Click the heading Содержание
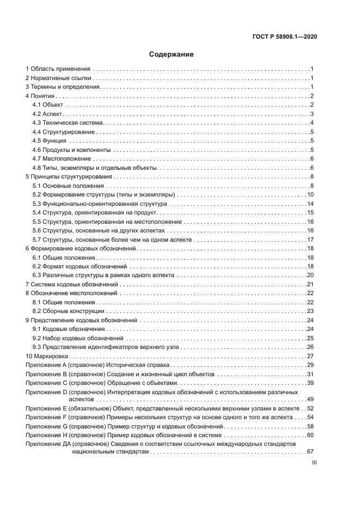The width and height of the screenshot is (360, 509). (171, 54)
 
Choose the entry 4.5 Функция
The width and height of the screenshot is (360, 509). (50, 140)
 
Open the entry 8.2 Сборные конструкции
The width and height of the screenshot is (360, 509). (68, 311)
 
